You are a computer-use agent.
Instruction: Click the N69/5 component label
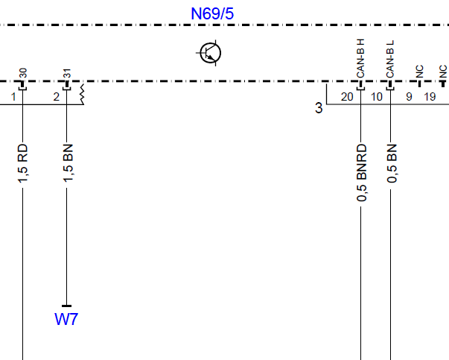pyautogui.click(x=212, y=13)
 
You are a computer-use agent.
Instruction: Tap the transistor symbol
pyautogui.click(x=211, y=53)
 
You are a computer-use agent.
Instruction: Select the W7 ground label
pyautogui.click(x=66, y=319)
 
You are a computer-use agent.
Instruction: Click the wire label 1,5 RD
pyautogui.click(x=23, y=163)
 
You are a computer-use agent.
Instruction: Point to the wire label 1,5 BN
pyautogui.click(x=69, y=163)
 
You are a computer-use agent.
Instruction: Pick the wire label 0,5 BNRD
pyautogui.click(x=362, y=173)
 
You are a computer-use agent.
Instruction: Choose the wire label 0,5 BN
pyautogui.click(x=392, y=163)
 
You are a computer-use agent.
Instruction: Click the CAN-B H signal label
pyautogui.click(x=360, y=58)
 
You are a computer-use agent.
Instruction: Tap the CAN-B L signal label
pyautogui.click(x=390, y=59)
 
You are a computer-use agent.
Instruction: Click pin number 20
pyautogui.click(x=347, y=97)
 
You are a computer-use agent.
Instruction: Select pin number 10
pyautogui.click(x=377, y=97)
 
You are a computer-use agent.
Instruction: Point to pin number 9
pyautogui.click(x=410, y=97)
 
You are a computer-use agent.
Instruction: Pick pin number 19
pyautogui.click(x=430, y=97)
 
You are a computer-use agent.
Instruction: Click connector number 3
pyautogui.click(x=319, y=108)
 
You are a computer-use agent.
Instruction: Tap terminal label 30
pyautogui.click(x=23, y=73)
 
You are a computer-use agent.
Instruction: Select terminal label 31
pyautogui.click(x=67, y=73)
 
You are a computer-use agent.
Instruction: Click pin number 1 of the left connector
pyautogui.click(x=13, y=97)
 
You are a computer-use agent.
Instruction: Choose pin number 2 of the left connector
pyautogui.click(x=57, y=97)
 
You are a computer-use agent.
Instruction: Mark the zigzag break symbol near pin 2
pyautogui.click(x=82, y=95)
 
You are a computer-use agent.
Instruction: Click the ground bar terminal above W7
pyautogui.click(x=67, y=306)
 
